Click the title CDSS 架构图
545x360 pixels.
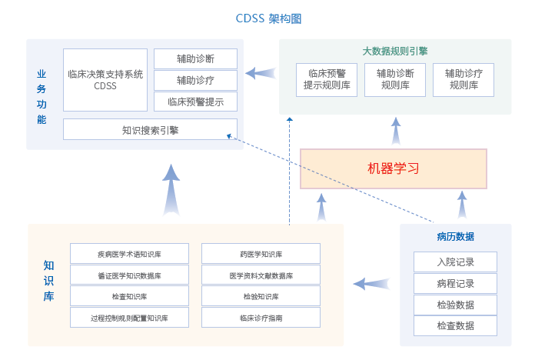(x=274, y=18)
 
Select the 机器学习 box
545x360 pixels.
(x=393, y=168)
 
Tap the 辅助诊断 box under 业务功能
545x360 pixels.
(x=195, y=58)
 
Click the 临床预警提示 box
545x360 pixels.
(x=195, y=102)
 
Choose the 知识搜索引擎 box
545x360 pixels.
(x=150, y=130)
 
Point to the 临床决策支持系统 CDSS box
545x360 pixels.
(x=105, y=80)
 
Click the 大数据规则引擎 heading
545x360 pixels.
(x=395, y=52)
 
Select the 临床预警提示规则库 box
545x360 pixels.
(x=326, y=80)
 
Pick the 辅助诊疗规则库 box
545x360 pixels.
(x=463, y=80)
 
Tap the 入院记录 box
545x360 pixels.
(x=455, y=262)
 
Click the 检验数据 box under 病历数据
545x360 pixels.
(x=455, y=305)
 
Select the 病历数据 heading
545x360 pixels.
(x=455, y=236)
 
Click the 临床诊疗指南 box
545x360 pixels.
(x=261, y=317)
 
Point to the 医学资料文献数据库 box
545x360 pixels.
(x=261, y=275)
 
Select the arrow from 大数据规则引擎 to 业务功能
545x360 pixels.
(x=261, y=74)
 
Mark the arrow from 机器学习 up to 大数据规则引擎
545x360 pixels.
(x=395, y=132)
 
